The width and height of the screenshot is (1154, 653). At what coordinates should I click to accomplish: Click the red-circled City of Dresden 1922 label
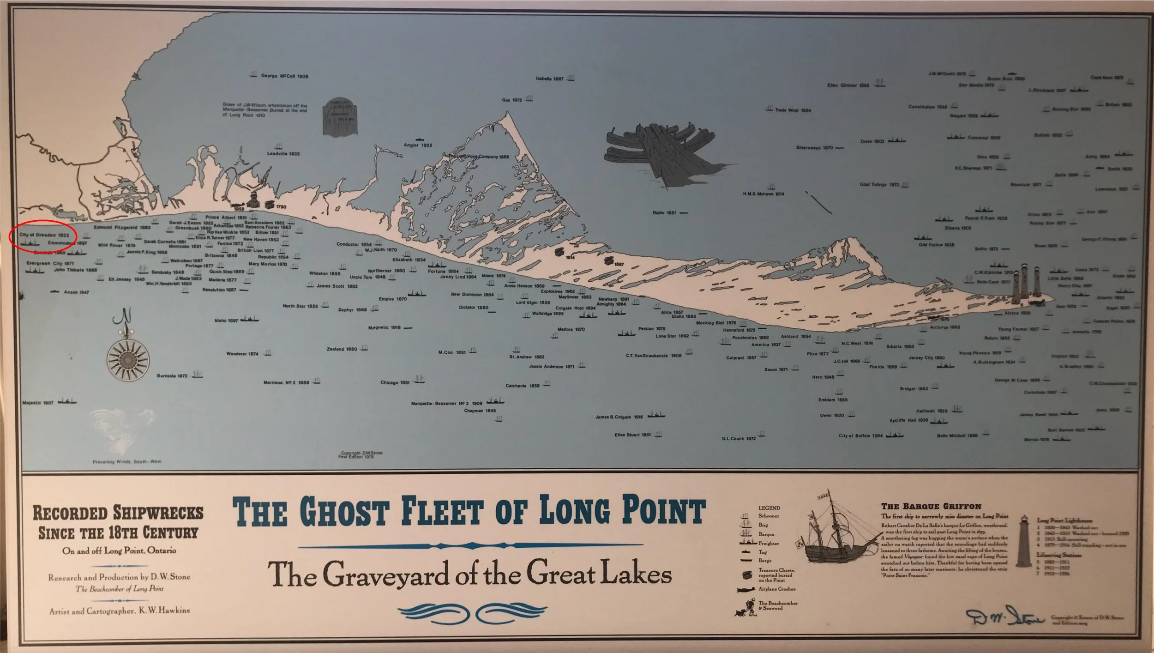(x=44, y=235)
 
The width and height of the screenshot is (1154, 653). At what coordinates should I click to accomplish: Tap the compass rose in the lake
(x=128, y=358)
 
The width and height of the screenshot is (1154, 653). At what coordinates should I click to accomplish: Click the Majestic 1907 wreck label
(x=38, y=403)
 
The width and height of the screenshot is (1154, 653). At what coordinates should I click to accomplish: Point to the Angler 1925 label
(x=418, y=145)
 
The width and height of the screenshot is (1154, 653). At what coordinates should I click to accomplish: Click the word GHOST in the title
(x=344, y=511)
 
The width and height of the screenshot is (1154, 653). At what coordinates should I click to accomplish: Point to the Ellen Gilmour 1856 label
(x=848, y=85)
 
